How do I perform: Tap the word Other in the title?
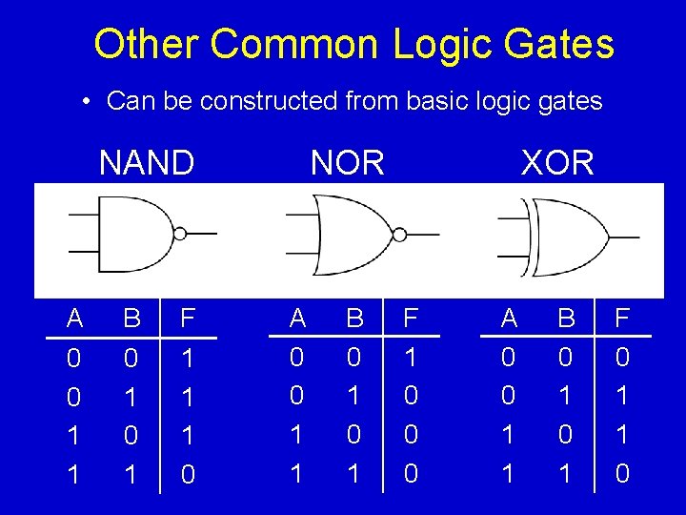coord(146,45)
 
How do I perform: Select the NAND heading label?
coord(146,163)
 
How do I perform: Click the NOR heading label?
coord(347,163)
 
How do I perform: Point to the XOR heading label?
coord(557,163)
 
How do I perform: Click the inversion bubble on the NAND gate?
coord(180,233)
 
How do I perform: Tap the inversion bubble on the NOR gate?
coord(400,234)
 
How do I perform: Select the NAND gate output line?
coord(202,233)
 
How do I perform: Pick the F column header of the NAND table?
coord(188,319)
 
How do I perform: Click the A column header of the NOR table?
coord(297,319)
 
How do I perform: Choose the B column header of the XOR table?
coord(565,319)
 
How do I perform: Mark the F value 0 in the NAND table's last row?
coord(188,474)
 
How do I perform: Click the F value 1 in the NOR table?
coord(411,358)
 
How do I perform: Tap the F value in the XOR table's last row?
coord(622,474)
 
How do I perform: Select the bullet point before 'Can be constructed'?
coord(86,101)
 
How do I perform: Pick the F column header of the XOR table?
coord(622,319)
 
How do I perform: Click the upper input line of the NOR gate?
coord(303,216)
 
